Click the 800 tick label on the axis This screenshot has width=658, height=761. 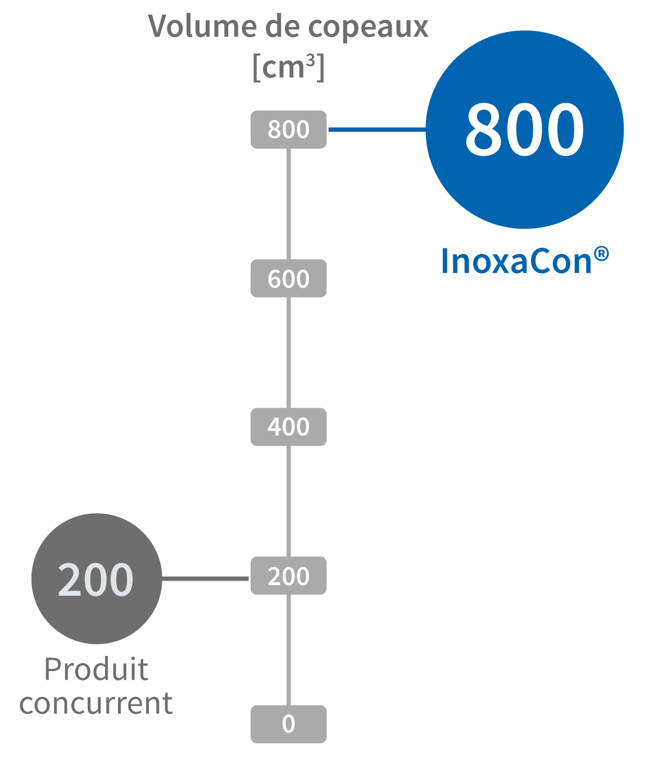pos(288,130)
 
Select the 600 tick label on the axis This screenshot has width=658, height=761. pos(288,279)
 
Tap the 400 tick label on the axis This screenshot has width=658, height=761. pos(288,427)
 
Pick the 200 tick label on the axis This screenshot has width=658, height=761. pos(288,576)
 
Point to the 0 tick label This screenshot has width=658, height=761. pos(288,724)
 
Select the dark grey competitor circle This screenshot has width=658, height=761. pos(97,618)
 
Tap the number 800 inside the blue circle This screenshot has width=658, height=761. pos(525,130)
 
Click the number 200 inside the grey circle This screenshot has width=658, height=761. pos(96,579)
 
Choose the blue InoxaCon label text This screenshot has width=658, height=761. pos(516,261)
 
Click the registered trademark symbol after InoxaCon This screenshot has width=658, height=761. pos(601,254)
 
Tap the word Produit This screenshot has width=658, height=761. pos(96,669)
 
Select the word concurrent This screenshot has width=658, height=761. pos(96,703)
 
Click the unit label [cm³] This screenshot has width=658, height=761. pos(288,67)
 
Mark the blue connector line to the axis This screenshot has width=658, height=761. pos(376,130)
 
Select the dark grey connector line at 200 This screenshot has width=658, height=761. pos(205,578)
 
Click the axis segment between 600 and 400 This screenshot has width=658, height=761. pos(288,352)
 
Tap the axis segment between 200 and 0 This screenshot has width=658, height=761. pos(288,650)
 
